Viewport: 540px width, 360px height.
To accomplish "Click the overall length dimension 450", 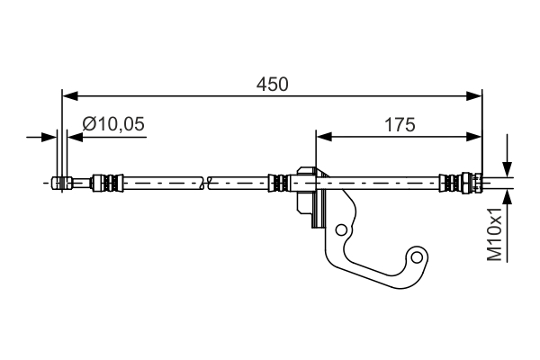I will point(271,85).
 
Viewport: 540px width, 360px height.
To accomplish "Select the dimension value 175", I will point(399,126).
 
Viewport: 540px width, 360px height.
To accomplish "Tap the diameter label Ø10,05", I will point(112,126).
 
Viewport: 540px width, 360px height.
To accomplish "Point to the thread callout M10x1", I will point(494,234).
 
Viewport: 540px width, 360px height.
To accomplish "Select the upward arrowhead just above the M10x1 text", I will point(507,198).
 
